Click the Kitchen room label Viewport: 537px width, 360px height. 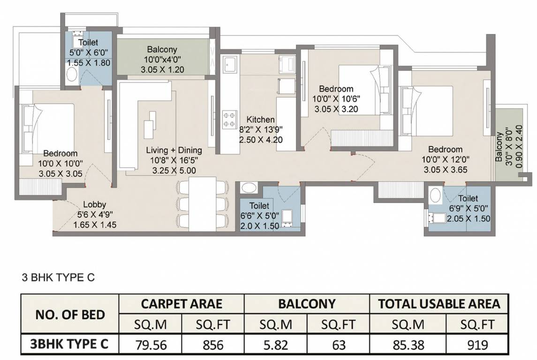(261, 120)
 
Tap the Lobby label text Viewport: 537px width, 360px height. (95, 205)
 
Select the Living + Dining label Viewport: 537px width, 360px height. (174, 150)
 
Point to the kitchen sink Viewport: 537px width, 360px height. (229, 64)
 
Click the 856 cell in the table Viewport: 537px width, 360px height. (213, 344)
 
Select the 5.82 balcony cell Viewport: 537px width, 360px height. (276, 344)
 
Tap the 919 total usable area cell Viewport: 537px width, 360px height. (477, 344)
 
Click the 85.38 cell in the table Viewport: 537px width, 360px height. (408, 344)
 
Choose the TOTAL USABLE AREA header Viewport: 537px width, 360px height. (439, 304)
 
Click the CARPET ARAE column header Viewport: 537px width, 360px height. (182, 304)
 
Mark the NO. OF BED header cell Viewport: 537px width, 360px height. (70, 315)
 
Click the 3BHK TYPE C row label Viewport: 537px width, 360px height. (69, 344)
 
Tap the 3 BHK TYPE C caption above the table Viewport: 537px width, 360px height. (58, 277)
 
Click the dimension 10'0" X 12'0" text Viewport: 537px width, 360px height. (445, 159)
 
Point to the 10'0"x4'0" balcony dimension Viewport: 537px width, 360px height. (162, 60)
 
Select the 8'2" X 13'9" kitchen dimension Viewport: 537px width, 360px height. (261, 130)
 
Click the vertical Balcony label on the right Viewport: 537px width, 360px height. (499, 147)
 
